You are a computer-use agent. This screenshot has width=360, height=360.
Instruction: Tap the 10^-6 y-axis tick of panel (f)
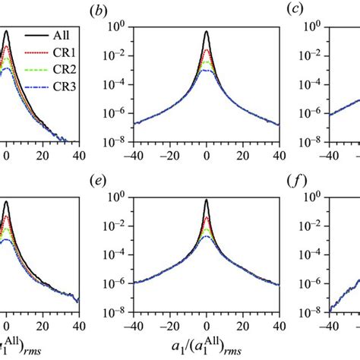pos(302,283)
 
